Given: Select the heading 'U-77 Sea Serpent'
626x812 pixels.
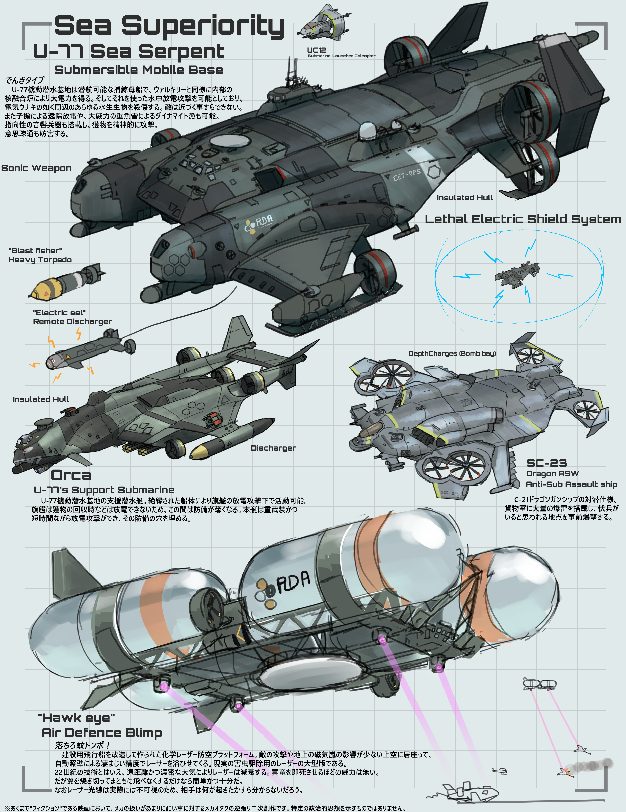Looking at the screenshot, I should pos(128,51).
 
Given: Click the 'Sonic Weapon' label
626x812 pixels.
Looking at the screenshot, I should pos(36,168).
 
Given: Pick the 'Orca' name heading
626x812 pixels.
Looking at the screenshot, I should pos(71,475).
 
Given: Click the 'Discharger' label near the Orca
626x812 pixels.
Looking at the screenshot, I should pos(273,448).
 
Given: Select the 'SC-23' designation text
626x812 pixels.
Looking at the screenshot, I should pos(546,463).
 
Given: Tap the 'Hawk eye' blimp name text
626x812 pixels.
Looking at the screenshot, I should pos(76,718).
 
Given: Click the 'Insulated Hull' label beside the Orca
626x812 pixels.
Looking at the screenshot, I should pos(41,399).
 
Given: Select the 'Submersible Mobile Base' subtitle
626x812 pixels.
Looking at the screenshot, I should pos(138,70).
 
